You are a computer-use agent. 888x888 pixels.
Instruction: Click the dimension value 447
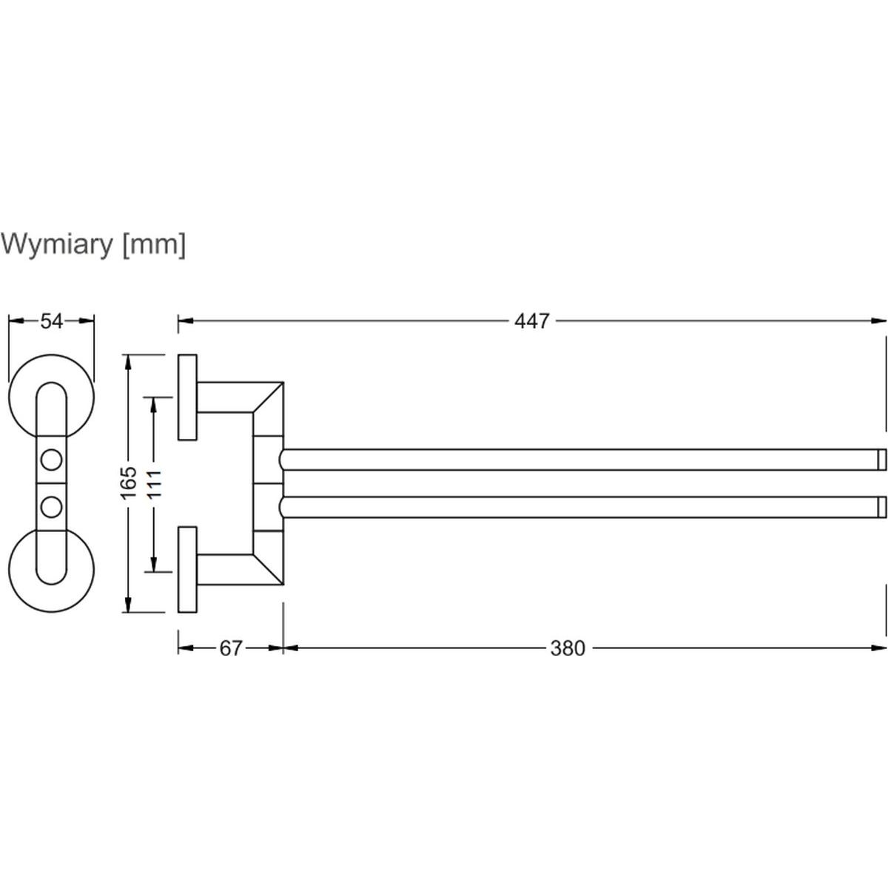tap(532, 321)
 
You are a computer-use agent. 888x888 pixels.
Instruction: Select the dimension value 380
tap(568, 649)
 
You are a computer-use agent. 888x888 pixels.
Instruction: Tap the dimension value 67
tap(231, 649)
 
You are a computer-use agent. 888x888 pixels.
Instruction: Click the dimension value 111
tap(154, 482)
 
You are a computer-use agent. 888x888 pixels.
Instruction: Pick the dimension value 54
tap(51, 321)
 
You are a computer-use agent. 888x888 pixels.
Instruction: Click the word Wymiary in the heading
tap(56, 244)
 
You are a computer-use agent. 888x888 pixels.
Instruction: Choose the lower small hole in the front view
tap(51, 507)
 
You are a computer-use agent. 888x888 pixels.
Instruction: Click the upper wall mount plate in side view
tap(187, 398)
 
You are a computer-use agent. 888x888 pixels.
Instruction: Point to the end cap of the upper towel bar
tap(881, 460)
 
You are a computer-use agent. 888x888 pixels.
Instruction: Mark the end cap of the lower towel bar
tap(881, 507)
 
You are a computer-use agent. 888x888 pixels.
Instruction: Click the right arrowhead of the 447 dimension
tap(881, 321)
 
